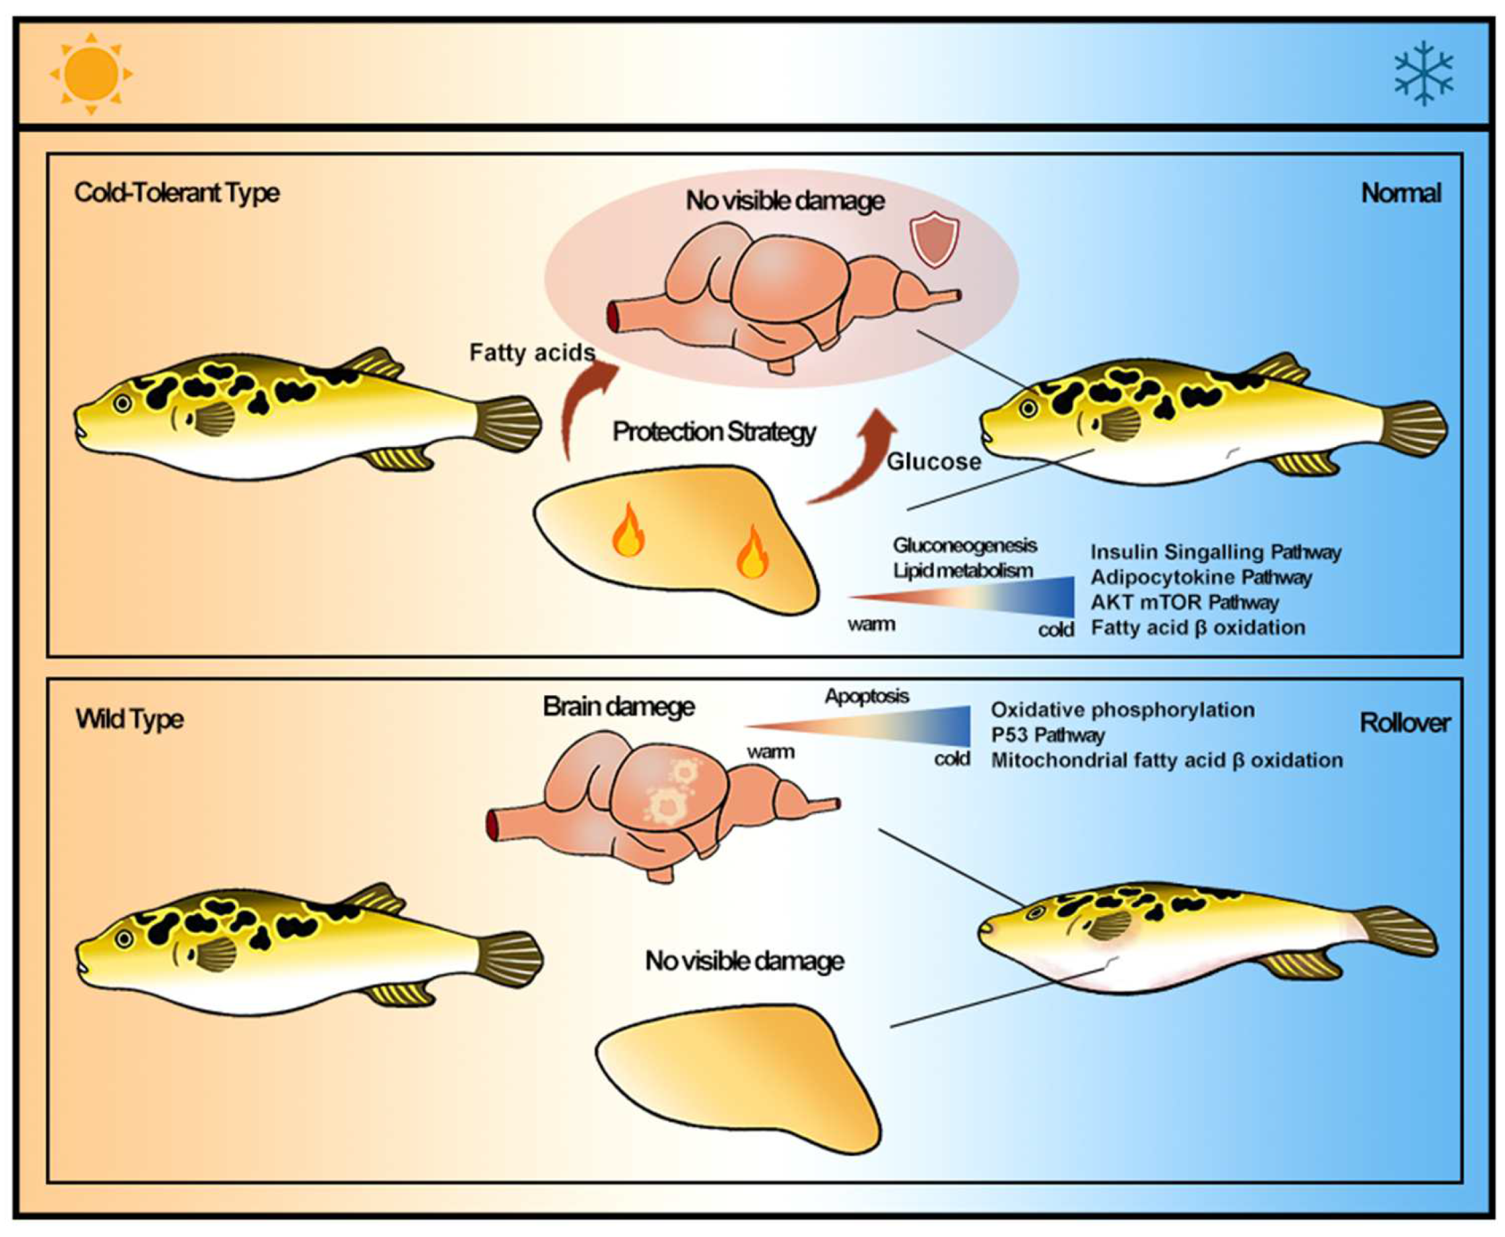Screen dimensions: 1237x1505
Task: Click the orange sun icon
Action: [x=90, y=73]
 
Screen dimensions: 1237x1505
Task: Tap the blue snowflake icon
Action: [x=1423, y=73]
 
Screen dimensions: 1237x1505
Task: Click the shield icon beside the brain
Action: [x=934, y=242]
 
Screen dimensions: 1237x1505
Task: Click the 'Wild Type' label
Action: [x=129, y=719]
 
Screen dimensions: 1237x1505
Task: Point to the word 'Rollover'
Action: [x=1405, y=723]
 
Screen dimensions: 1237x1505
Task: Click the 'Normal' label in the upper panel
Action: [x=1401, y=193]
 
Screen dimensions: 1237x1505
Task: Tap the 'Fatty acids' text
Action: [x=531, y=352]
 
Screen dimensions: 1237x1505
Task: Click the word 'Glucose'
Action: [x=933, y=462]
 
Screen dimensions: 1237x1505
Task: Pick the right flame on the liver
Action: [x=752, y=553]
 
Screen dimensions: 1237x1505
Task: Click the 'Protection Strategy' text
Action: [x=714, y=432]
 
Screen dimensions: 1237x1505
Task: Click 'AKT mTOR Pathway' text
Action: [x=1184, y=602]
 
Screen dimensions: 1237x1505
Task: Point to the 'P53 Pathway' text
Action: [x=1048, y=735]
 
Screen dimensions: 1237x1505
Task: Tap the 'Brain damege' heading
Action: [x=619, y=706]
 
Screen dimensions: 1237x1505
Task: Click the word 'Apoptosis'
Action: [x=867, y=696]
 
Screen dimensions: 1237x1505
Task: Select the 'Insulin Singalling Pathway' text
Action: [x=1216, y=552]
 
